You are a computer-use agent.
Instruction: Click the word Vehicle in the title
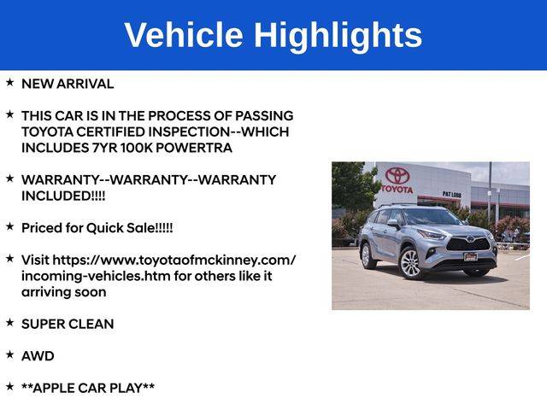(x=184, y=35)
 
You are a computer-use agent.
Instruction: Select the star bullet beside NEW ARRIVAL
(x=9, y=82)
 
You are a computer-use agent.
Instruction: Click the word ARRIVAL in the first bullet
(x=85, y=84)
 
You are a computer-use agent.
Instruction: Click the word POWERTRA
(x=194, y=148)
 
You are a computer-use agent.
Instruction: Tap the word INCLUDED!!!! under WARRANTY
(x=63, y=196)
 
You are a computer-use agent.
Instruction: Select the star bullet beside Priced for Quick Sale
(x=9, y=226)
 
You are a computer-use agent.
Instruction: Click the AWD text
(x=38, y=356)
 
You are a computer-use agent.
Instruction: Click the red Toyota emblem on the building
(x=397, y=175)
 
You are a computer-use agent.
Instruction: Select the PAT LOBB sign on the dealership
(x=452, y=194)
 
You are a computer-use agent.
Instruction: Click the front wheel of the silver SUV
(x=411, y=262)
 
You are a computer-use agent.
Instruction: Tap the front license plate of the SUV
(x=470, y=257)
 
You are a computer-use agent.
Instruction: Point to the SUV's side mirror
(x=393, y=223)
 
